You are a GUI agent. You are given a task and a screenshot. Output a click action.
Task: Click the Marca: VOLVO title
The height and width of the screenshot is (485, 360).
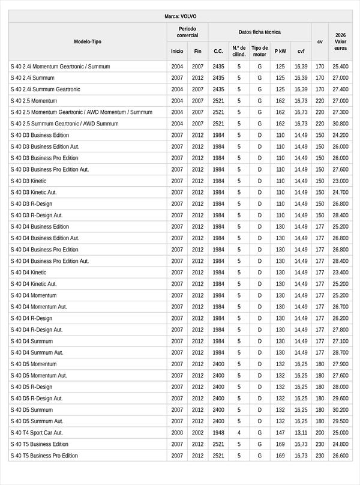[180, 16]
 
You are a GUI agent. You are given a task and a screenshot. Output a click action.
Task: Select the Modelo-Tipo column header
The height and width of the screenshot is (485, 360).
[88, 41]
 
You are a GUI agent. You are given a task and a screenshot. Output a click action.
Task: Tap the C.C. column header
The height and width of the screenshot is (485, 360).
[218, 52]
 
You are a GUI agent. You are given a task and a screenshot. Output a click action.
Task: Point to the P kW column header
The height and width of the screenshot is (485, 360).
[280, 52]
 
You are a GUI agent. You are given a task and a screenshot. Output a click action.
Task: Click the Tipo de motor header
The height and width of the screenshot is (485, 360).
[260, 51]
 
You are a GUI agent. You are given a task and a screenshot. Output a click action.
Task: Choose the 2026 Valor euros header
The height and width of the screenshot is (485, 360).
[341, 41]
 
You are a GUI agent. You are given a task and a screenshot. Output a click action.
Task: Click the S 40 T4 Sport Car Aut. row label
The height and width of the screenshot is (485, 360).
[37, 433]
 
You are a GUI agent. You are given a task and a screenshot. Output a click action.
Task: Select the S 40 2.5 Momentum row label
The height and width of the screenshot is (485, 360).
[34, 101]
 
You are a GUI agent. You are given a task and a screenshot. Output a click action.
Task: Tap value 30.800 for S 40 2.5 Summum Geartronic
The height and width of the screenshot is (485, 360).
[340, 124]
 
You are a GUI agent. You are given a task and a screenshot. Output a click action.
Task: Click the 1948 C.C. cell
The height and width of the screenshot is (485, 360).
[218, 433]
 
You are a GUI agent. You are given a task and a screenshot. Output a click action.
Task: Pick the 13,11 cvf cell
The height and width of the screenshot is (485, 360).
[301, 433]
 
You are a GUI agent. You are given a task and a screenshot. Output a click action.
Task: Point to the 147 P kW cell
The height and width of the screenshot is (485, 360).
[280, 433]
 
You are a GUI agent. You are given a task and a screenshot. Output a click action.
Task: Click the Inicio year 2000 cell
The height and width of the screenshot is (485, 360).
[177, 433]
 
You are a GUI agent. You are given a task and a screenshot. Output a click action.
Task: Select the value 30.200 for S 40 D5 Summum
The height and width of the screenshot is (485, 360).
[340, 410]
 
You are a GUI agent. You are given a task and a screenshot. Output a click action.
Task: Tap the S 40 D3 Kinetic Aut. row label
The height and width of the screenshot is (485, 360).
[34, 192]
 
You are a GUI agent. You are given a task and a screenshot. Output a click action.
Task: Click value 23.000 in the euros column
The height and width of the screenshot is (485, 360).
[340, 181]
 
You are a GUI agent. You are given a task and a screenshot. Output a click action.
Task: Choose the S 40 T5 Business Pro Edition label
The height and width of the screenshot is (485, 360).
[44, 456]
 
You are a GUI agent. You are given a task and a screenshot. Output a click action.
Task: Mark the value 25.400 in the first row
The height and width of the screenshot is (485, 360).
[340, 67]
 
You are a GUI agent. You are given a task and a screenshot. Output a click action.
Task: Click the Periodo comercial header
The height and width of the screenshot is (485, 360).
[187, 32]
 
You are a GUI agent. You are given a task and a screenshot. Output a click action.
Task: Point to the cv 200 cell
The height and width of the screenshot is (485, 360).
[320, 433]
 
